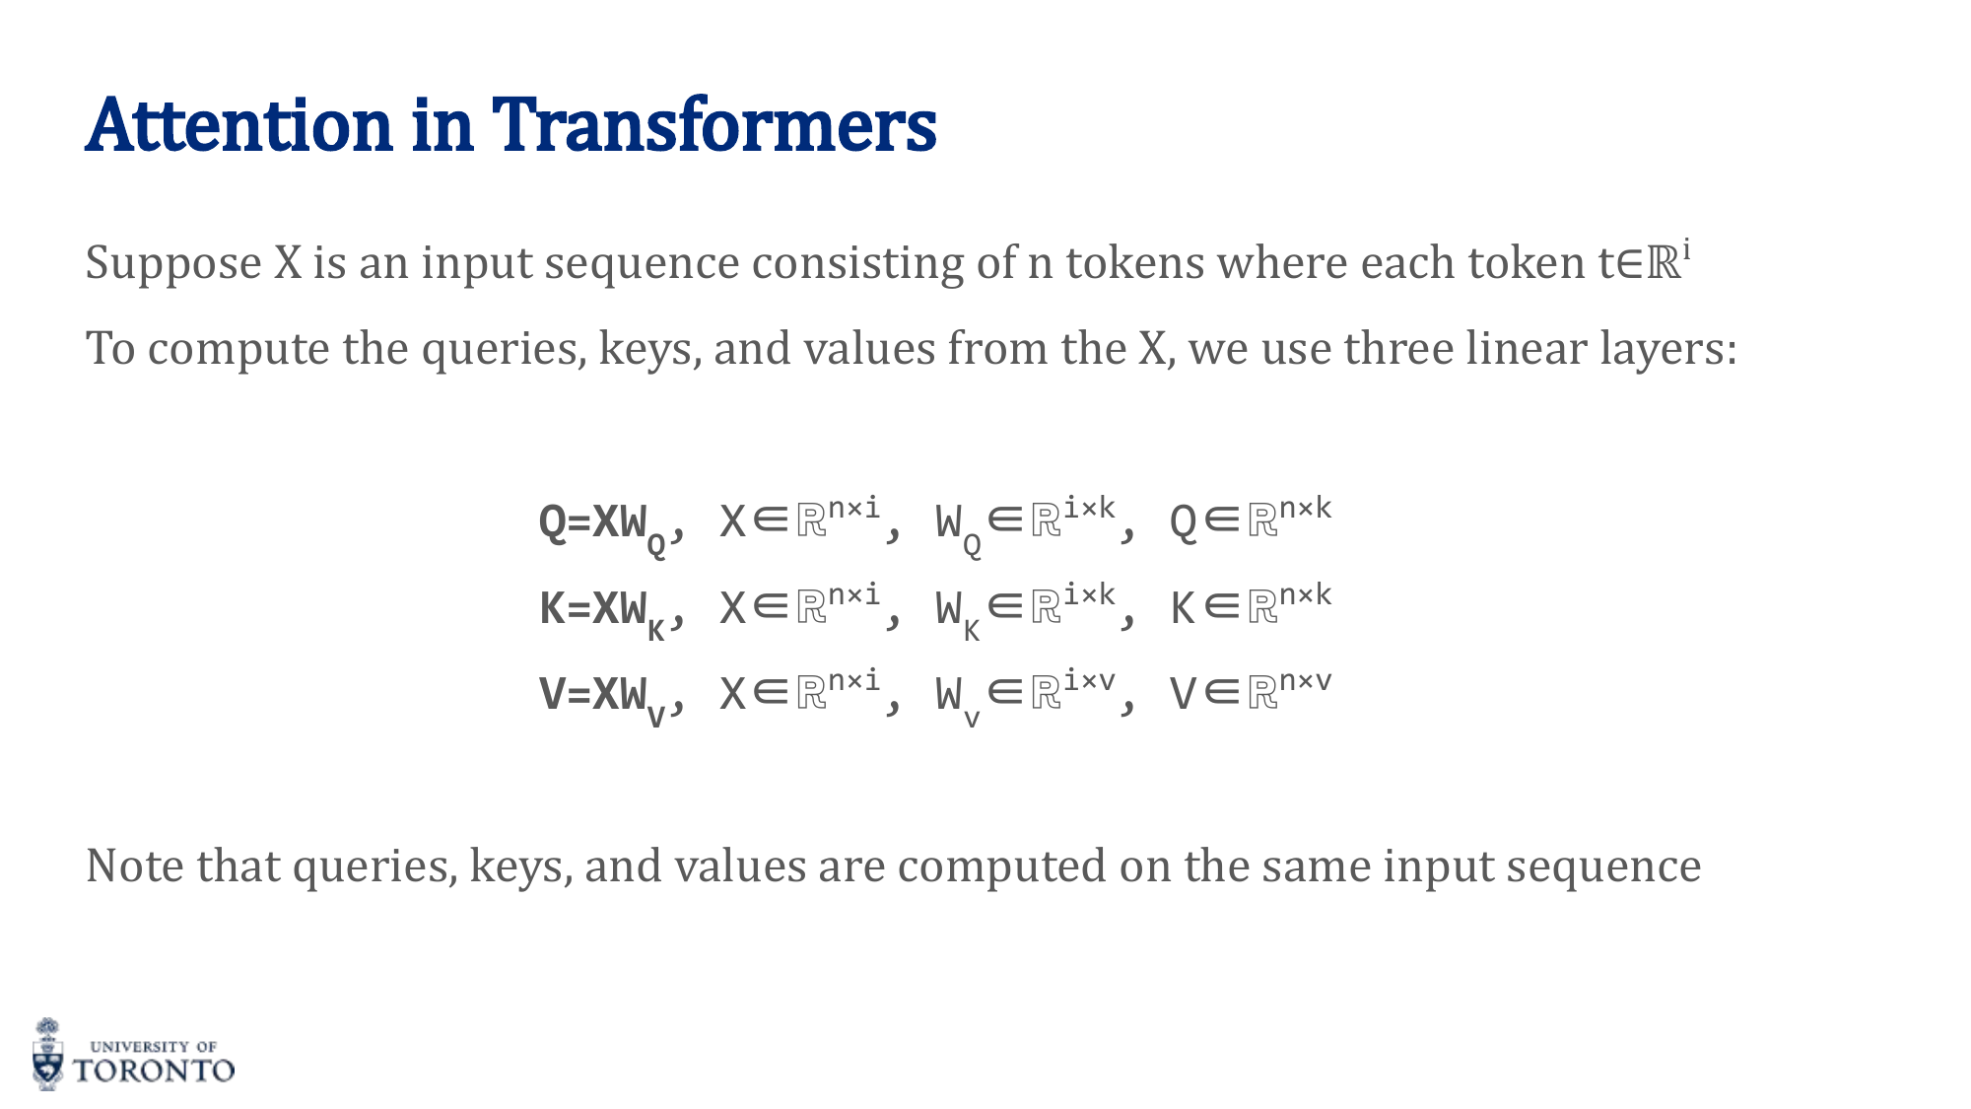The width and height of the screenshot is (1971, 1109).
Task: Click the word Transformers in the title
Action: [x=714, y=125]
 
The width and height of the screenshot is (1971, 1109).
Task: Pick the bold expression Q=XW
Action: [x=593, y=522]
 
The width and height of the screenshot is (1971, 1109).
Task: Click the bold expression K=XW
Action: [x=593, y=609]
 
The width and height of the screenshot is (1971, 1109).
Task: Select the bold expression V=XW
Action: [x=593, y=694]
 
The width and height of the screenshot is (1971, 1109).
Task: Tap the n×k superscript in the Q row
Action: [x=1305, y=509]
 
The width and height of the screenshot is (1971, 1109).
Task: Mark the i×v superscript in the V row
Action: [x=1089, y=681]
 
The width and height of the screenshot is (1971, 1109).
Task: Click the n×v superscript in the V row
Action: [x=1305, y=681]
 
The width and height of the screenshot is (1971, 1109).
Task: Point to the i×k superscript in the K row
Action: [x=1089, y=594]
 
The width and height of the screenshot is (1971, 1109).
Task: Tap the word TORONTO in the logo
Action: [x=155, y=1072]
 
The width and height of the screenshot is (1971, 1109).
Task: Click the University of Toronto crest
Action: [x=47, y=1054]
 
